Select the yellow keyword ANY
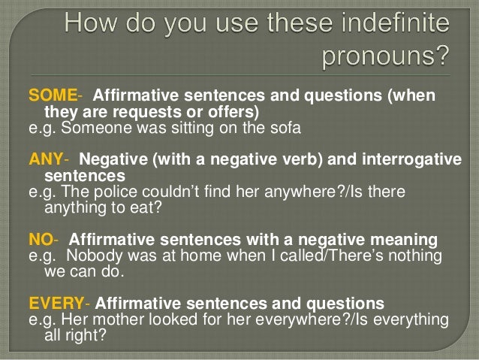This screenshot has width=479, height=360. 47,161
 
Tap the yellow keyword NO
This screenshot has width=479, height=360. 40,240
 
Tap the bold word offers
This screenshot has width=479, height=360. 233,112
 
